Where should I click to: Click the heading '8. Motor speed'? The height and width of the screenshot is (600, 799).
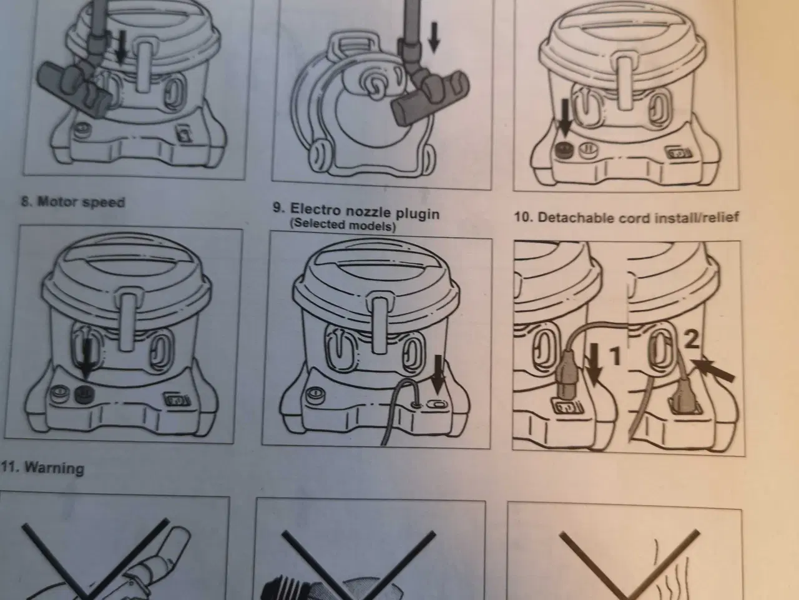(73, 202)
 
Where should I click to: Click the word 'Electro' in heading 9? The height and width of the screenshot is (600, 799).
(315, 209)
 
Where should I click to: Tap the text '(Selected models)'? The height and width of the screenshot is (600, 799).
(343, 225)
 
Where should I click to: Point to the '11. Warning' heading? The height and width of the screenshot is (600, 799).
(42, 467)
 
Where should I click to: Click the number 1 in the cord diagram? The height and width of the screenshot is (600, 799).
(615, 356)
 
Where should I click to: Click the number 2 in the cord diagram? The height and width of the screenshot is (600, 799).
(691, 339)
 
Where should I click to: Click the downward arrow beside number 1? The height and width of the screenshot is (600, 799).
(594, 364)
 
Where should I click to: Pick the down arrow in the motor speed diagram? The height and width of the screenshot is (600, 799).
(86, 359)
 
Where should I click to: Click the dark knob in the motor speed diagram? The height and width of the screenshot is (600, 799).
(85, 394)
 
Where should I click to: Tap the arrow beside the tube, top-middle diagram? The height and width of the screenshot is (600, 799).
(434, 36)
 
